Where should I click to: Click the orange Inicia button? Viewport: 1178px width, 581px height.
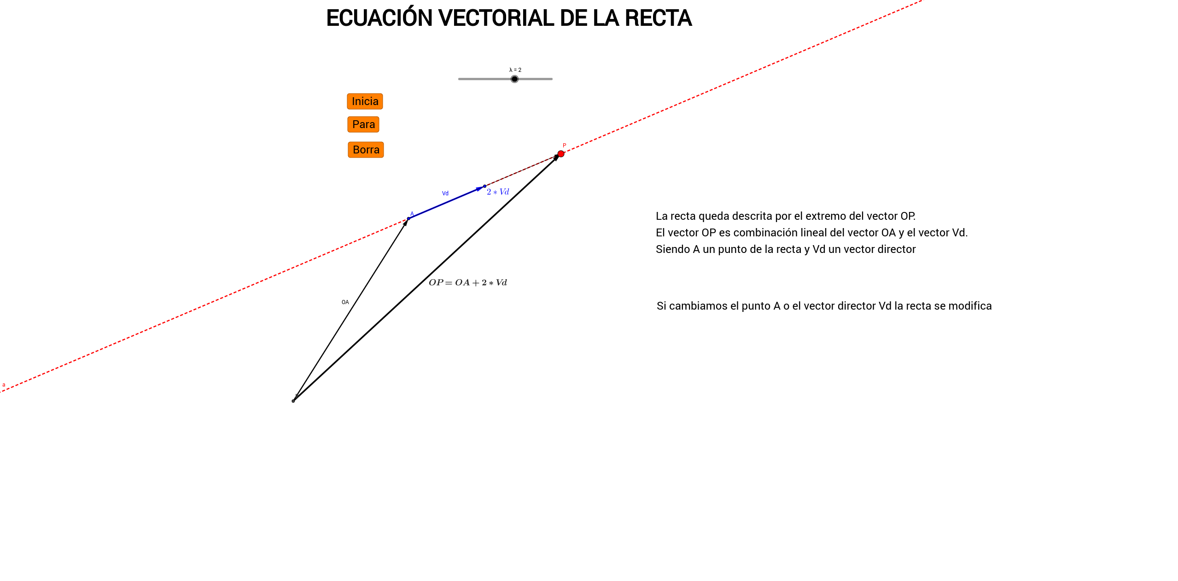click(x=365, y=101)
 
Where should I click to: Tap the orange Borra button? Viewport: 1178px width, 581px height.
click(x=366, y=150)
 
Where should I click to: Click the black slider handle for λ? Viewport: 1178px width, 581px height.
click(x=514, y=79)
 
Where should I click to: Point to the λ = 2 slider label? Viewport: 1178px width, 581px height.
click(x=515, y=70)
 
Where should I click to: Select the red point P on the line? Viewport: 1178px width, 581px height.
click(x=560, y=154)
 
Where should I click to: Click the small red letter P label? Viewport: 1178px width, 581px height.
click(x=564, y=146)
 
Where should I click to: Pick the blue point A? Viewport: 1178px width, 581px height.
click(x=408, y=218)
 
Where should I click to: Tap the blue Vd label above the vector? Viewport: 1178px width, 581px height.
click(x=445, y=194)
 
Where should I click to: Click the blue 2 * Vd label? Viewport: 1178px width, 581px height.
click(x=498, y=192)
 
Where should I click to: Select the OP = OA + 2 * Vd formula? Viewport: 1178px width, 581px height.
click(x=468, y=282)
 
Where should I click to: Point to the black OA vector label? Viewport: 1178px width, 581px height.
click(x=345, y=302)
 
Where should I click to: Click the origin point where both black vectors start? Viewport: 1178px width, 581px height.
click(x=293, y=401)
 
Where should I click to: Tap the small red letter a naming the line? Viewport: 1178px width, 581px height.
click(x=4, y=385)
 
